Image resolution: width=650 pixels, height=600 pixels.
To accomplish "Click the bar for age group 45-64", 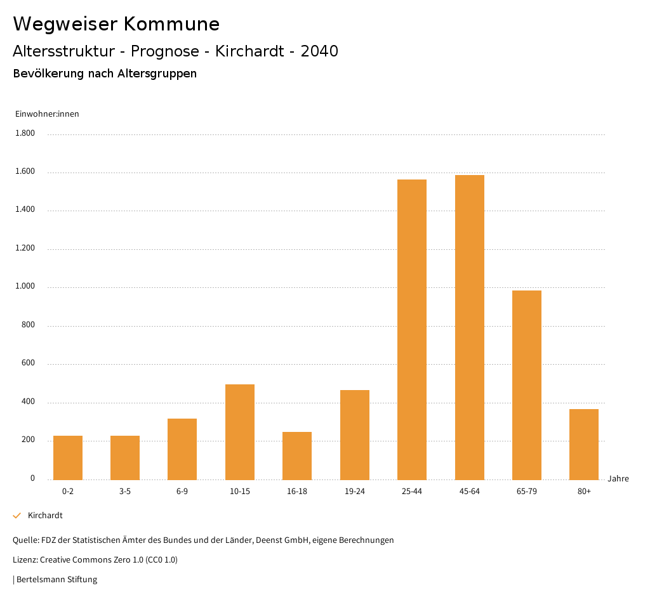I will tap(469, 327).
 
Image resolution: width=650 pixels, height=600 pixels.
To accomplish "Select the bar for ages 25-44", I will tap(412, 330).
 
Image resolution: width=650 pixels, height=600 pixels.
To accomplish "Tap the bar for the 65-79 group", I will tap(526, 385).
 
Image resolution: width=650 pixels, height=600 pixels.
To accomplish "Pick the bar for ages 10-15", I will tap(240, 432).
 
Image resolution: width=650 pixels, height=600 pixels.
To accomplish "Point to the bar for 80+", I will tap(584, 444).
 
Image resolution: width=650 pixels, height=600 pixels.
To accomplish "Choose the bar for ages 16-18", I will tap(297, 455).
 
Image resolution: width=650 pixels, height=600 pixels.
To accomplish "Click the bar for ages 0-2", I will tap(68, 457).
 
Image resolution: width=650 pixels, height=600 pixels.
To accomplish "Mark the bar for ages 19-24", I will tap(354, 434).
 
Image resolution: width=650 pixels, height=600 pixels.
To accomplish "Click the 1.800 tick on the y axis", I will tap(25, 133).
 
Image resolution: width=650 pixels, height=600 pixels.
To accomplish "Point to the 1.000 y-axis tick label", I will tap(25, 287).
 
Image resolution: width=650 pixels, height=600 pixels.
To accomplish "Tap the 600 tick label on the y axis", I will tap(28, 363).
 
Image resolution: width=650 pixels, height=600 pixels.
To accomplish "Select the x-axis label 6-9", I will tap(182, 492).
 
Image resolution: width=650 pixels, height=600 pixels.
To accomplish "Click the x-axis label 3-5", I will tap(125, 492).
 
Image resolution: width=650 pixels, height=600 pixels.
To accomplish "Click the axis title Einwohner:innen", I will tap(47, 114).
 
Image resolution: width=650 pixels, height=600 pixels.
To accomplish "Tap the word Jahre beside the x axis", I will tap(618, 479).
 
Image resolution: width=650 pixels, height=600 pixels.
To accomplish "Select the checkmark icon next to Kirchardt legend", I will tap(17, 516).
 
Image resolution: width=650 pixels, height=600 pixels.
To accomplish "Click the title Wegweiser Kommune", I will tap(116, 24).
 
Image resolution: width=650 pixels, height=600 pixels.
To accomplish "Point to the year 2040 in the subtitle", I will tap(319, 51).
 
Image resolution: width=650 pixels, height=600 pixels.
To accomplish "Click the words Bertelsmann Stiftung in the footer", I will tap(56, 580).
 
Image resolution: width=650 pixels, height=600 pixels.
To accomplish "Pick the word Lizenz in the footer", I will tap(25, 560).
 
